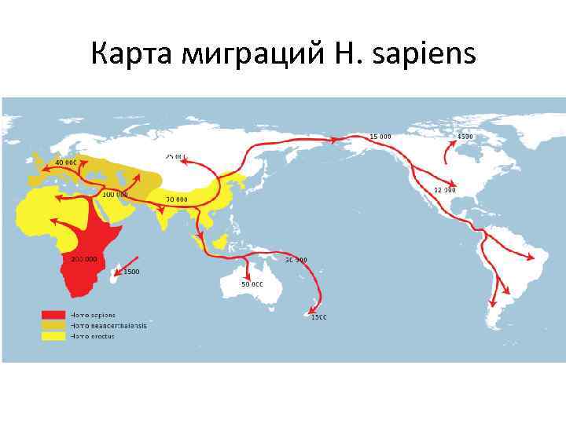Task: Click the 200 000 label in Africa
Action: pos(84,258)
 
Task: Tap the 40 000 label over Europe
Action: pos(65,163)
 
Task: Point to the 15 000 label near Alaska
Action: pos(380,137)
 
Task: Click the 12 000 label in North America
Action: pos(444,190)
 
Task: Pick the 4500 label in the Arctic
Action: pos(465,137)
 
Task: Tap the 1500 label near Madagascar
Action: pos(130,272)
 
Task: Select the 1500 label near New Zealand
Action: pos(318,317)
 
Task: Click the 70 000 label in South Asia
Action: pos(176,199)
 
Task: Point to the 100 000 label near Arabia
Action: pos(115,193)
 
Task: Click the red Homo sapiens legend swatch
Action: pos(53,314)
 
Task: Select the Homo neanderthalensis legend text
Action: pos(108,325)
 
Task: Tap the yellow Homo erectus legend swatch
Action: pos(53,335)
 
